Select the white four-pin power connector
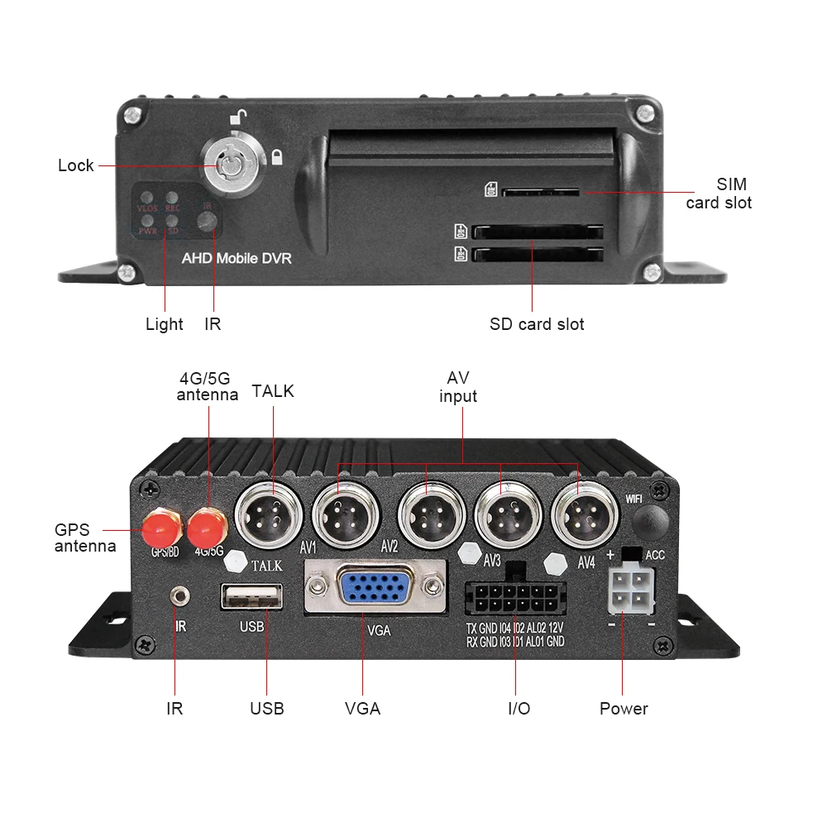pyautogui.click(x=630, y=590)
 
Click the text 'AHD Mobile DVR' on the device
pyautogui.click(x=237, y=258)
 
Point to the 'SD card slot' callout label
pyautogui.click(x=537, y=323)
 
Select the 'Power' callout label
pyautogui.click(x=624, y=709)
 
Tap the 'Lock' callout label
pyautogui.click(x=76, y=165)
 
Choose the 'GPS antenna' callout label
pyautogui.click(x=85, y=538)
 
